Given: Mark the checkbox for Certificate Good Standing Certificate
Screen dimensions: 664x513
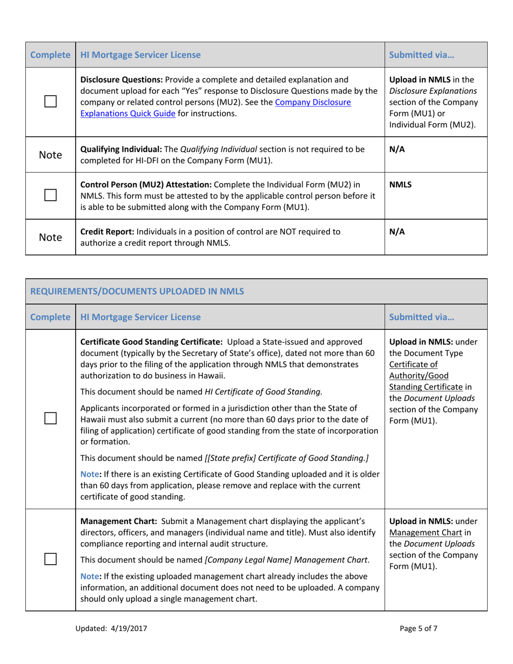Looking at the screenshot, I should [50, 417].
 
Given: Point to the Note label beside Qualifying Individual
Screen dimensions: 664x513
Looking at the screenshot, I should [50, 155].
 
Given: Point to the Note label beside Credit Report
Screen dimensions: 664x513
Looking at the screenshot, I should [50, 237].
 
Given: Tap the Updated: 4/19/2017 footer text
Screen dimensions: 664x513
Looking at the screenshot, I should [113, 628].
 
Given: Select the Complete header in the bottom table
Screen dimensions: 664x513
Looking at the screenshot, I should [50, 317].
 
